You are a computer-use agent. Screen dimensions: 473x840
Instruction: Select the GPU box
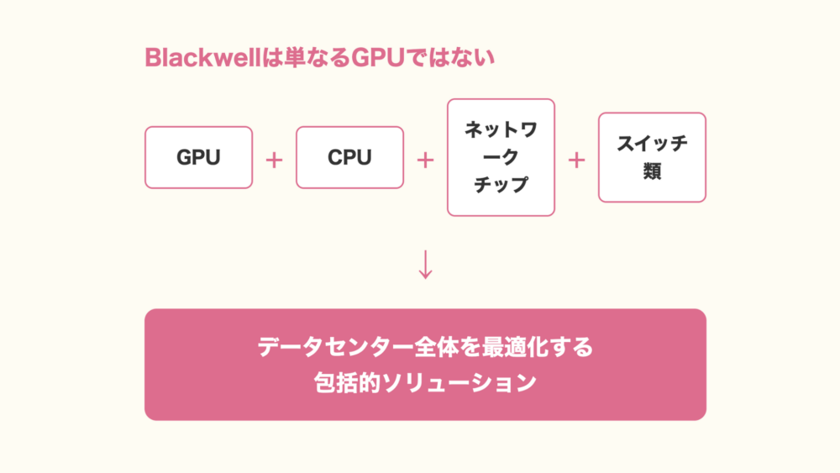click(x=198, y=157)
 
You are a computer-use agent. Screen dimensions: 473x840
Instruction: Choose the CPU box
click(x=349, y=157)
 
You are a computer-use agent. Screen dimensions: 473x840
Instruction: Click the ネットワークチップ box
click(x=501, y=157)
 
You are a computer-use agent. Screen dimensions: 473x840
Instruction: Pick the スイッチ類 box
click(x=652, y=157)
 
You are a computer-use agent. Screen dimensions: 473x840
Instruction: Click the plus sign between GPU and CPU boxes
click(x=274, y=159)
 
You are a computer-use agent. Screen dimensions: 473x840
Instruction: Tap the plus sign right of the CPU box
click(x=425, y=159)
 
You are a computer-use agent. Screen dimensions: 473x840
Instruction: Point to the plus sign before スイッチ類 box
click(x=576, y=159)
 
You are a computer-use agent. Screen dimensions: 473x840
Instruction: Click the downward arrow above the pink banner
click(x=425, y=264)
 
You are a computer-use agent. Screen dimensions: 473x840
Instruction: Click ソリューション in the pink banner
click(x=456, y=383)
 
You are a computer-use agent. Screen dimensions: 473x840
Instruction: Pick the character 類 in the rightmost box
click(x=652, y=171)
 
